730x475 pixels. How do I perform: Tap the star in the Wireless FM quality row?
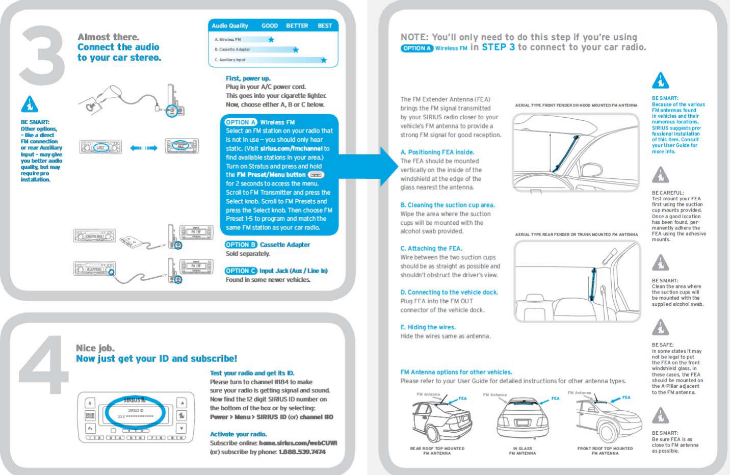pos(271,39)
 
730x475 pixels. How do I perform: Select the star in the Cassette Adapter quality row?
pos(296,49)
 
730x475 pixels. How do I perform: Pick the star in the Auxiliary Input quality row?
pos(324,60)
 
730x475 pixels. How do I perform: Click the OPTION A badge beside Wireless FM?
pos(241,122)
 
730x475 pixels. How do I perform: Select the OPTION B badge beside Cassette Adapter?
pos(241,245)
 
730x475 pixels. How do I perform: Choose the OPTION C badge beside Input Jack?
pos(241,271)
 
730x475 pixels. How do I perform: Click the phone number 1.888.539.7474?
pos(302,452)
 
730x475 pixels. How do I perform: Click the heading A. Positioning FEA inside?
pos(437,152)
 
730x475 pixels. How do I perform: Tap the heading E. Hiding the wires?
pos(428,327)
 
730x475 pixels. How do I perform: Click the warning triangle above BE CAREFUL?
pos(661,175)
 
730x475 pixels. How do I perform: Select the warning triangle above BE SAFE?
pos(661,327)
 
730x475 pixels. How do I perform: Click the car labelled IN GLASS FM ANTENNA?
pos(523,419)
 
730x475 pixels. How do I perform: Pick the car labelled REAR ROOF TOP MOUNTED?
pos(440,419)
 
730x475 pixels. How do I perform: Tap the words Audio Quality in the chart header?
pos(230,25)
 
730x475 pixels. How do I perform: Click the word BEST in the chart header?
pos(325,25)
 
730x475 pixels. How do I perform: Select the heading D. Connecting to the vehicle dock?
pos(449,292)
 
